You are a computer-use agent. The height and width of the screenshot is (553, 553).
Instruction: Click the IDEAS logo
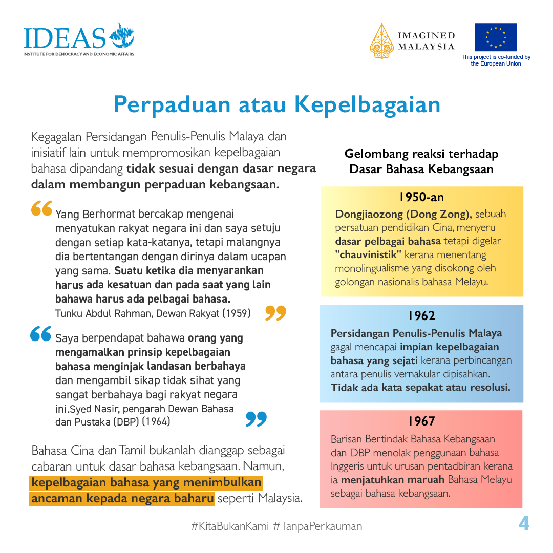pyautogui.click(x=78, y=39)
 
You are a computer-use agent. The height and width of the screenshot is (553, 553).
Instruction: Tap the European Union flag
pyautogui.click(x=495, y=37)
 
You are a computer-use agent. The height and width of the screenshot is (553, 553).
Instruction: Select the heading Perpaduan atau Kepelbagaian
pyautogui.click(x=276, y=104)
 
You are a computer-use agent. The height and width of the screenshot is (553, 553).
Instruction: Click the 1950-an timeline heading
pyautogui.click(x=421, y=197)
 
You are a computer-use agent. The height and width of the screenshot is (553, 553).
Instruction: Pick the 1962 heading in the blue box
pyautogui.click(x=421, y=315)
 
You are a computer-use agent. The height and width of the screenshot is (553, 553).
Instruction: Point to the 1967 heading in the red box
pyautogui.click(x=421, y=421)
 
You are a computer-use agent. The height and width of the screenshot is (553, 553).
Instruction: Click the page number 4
pyautogui.click(x=524, y=524)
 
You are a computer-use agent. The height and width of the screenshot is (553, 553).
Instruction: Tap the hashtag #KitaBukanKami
pyautogui.click(x=229, y=526)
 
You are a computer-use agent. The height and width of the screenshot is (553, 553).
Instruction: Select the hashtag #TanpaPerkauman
pyautogui.click(x=317, y=526)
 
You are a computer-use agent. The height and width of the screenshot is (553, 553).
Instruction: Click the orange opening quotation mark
pyautogui.click(x=41, y=208)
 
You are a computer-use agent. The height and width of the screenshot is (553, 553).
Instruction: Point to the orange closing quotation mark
pyautogui.click(x=275, y=312)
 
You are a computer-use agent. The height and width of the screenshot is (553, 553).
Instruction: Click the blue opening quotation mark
pyautogui.click(x=41, y=334)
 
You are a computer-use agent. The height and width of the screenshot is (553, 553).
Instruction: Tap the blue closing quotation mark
pyautogui.click(x=256, y=418)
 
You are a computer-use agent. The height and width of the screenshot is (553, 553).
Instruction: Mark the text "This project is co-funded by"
pyautogui.click(x=496, y=57)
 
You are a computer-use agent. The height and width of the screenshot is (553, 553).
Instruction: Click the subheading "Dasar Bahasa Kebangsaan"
pyautogui.click(x=421, y=169)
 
